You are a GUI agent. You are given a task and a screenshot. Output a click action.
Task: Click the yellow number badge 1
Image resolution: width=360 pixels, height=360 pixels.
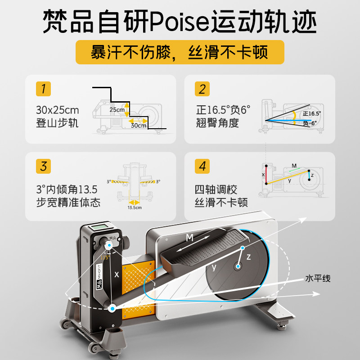pyautogui.click(x=44, y=89)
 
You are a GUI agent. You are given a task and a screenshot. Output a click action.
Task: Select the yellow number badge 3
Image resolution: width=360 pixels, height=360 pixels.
pyautogui.click(x=44, y=166)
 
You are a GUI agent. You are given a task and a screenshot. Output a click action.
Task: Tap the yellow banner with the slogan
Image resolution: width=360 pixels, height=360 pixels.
pyautogui.click(x=180, y=52)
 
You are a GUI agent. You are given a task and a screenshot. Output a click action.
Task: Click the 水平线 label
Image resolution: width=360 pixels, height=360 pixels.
pyautogui.click(x=318, y=279)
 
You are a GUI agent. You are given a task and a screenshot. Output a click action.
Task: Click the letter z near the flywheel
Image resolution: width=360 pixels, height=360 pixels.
pyautogui.click(x=248, y=256)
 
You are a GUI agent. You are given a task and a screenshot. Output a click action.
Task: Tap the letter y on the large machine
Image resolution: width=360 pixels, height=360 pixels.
pyautogui.click(x=214, y=267)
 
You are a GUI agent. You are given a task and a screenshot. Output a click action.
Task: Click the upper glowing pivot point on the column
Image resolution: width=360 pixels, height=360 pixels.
pyautogui.click(x=109, y=245)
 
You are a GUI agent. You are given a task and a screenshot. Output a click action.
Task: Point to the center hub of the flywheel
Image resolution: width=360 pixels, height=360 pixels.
pyautogui.click(x=237, y=267)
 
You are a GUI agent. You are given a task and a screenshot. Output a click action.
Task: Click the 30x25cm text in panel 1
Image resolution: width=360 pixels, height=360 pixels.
pyautogui.click(x=57, y=110)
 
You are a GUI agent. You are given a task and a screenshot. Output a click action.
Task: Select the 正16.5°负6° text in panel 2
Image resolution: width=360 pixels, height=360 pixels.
pyautogui.click(x=223, y=110)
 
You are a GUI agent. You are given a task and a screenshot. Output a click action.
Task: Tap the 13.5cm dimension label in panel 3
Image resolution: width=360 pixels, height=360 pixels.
pyautogui.click(x=135, y=208)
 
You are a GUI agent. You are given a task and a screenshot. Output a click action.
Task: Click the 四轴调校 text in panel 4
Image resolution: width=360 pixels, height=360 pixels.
pyautogui.click(x=216, y=190)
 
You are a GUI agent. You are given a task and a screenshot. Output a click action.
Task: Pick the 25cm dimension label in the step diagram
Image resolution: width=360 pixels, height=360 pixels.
pyautogui.click(x=117, y=109)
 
